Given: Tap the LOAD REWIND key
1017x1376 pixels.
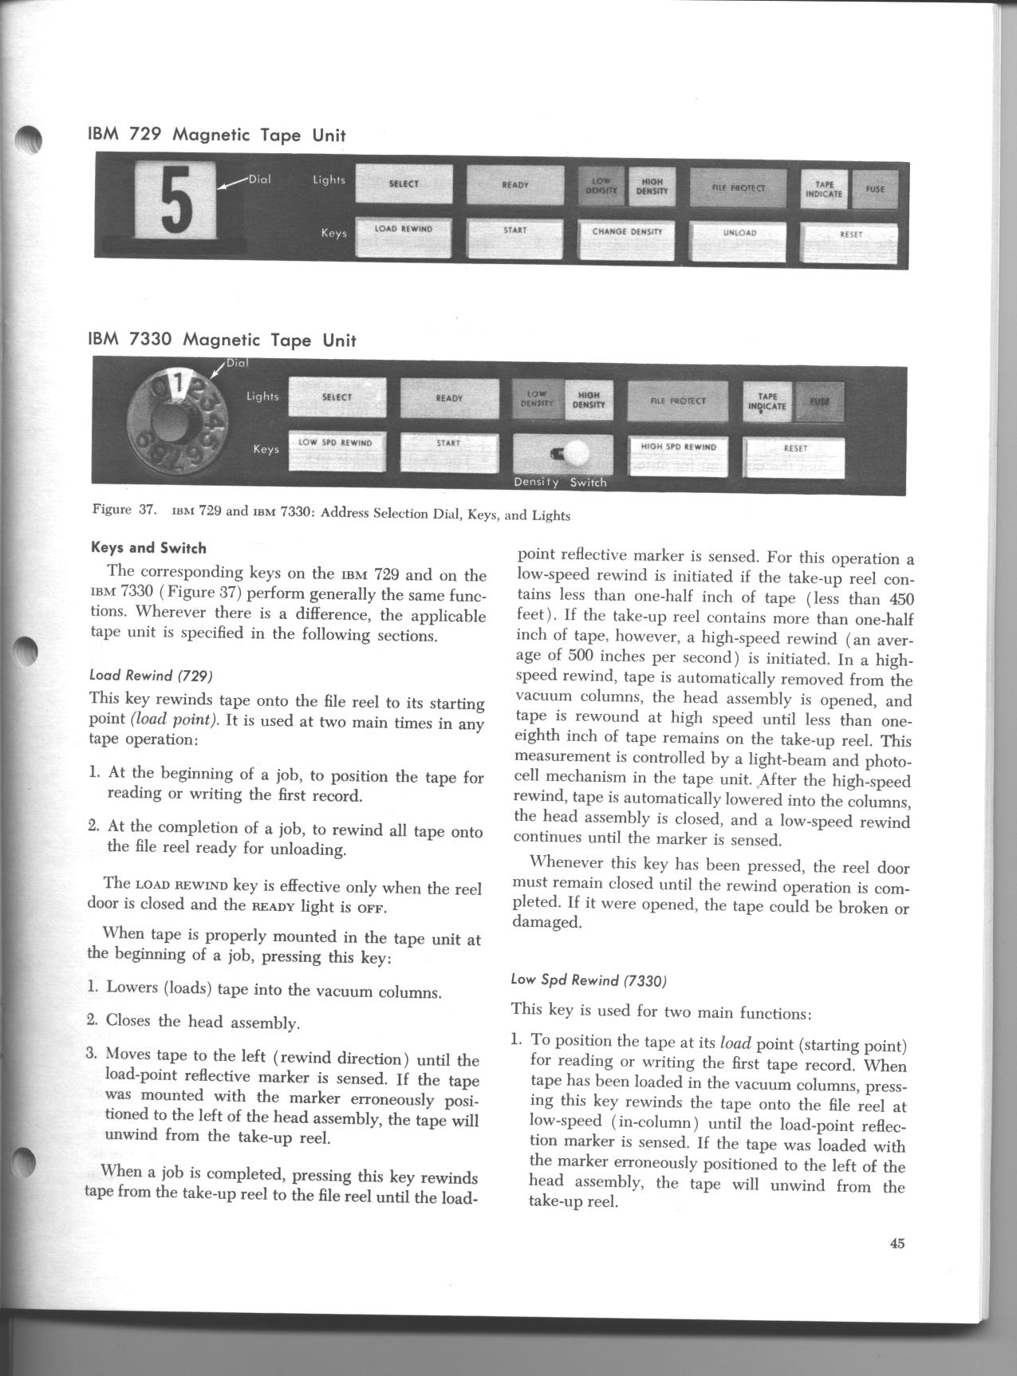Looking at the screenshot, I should click(x=403, y=236).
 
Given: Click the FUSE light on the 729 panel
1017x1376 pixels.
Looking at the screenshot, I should click(x=875, y=190).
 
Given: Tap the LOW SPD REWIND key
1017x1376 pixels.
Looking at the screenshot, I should click(x=336, y=451).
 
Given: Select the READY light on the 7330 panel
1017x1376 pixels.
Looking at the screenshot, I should click(x=449, y=397).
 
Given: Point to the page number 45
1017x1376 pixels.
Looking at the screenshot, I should click(x=897, y=1243).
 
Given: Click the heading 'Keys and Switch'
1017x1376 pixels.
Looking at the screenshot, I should click(x=148, y=548).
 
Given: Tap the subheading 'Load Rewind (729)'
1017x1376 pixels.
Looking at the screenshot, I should click(x=151, y=676).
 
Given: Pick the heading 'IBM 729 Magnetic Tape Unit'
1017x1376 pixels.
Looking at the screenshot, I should click(x=216, y=135).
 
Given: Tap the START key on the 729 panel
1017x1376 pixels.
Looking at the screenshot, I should click(x=515, y=238).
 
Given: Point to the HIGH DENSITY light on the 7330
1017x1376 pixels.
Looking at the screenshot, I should click(x=589, y=399).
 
